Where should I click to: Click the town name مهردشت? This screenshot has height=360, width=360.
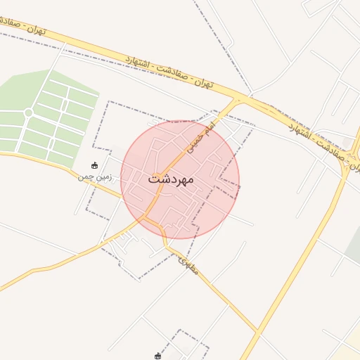pyautogui.click(x=171, y=180)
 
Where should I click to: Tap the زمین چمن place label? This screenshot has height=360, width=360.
pyautogui.click(x=95, y=177)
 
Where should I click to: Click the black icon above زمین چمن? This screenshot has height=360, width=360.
pyautogui.click(x=95, y=166)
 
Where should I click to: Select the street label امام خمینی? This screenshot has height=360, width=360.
pyautogui.click(x=199, y=138)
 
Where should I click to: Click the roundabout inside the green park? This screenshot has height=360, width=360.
pyautogui.click(x=28, y=112)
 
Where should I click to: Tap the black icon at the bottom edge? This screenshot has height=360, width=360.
pyautogui.click(x=158, y=356)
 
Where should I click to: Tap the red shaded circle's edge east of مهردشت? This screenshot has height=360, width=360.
pyautogui.click(x=239, y=180)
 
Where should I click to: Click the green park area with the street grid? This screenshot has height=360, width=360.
pyautogui.click(x=49, y=116)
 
